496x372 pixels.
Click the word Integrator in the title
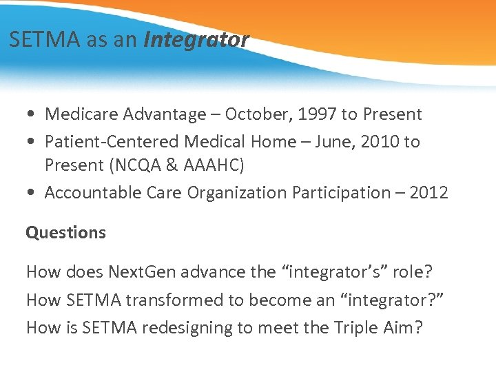pos(196,40)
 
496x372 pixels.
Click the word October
pos(258,114)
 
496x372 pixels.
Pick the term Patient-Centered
pos(112,142)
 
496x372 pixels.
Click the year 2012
pos(428,193)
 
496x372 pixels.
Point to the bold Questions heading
pos(66,233)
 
